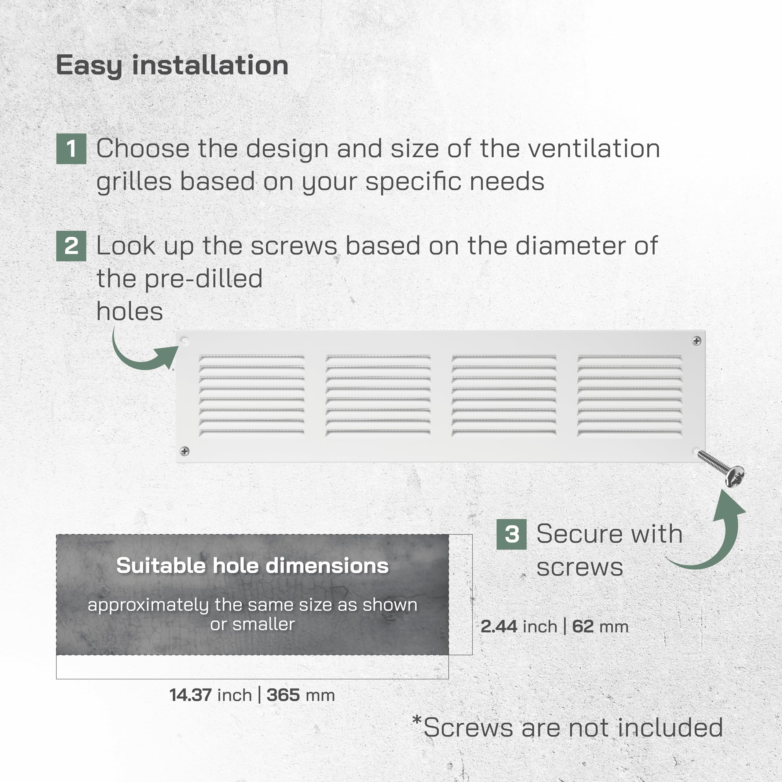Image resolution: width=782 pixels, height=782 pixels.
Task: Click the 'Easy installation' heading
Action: click(172, 66)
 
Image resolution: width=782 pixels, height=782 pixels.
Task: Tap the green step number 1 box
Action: click(71, 148)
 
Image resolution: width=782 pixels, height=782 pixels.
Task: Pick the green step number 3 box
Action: click(512, 534)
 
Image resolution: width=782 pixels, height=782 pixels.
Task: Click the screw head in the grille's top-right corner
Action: click(696, 341)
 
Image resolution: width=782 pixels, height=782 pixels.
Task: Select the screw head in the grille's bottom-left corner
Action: click(185, 451)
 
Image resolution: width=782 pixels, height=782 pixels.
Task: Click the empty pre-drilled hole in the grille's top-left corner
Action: click(185, 342)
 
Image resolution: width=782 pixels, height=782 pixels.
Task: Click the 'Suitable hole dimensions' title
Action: click(253, 565)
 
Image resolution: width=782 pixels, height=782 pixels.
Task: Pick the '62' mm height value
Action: click(583, 626)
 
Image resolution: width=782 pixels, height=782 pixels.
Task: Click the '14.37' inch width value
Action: click(191, 695)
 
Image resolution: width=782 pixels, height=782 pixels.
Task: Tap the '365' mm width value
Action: click(283, 695)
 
